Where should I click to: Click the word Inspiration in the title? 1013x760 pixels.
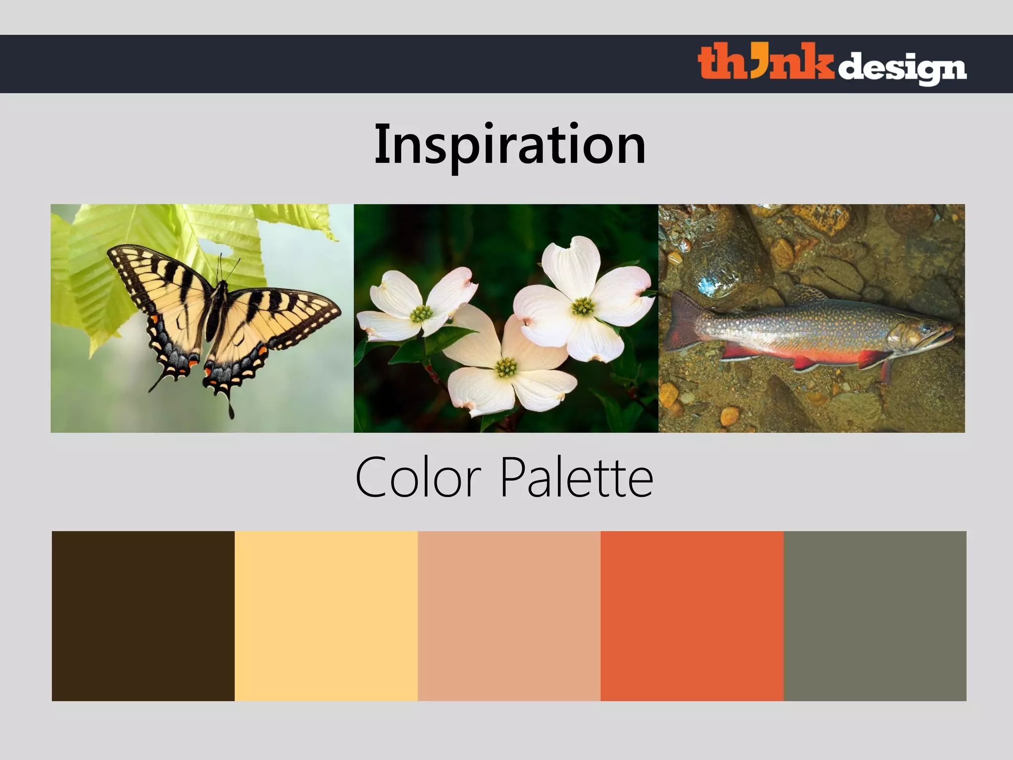(x=509, y=144)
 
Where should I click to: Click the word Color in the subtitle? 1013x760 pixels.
(x=418, y=478)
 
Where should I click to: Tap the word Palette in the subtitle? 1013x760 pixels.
(x=576, y=478)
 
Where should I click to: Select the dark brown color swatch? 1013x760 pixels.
(x=143, y=616)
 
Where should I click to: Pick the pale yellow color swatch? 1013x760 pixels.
(x=326, y=616)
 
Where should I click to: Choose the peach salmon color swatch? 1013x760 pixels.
(x=509, y=616)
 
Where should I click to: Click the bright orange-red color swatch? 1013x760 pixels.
(x=692, y=616)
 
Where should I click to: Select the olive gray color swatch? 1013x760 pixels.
(x=875, y=616)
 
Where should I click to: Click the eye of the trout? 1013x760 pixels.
(x=926, y=328)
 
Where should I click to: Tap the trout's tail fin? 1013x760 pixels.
(x=685, y=322)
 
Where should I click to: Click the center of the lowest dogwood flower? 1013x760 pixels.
(x=506, y=368)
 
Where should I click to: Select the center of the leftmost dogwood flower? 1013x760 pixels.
(x=421, y=313)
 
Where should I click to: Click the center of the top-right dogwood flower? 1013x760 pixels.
(x=583, y=306)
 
